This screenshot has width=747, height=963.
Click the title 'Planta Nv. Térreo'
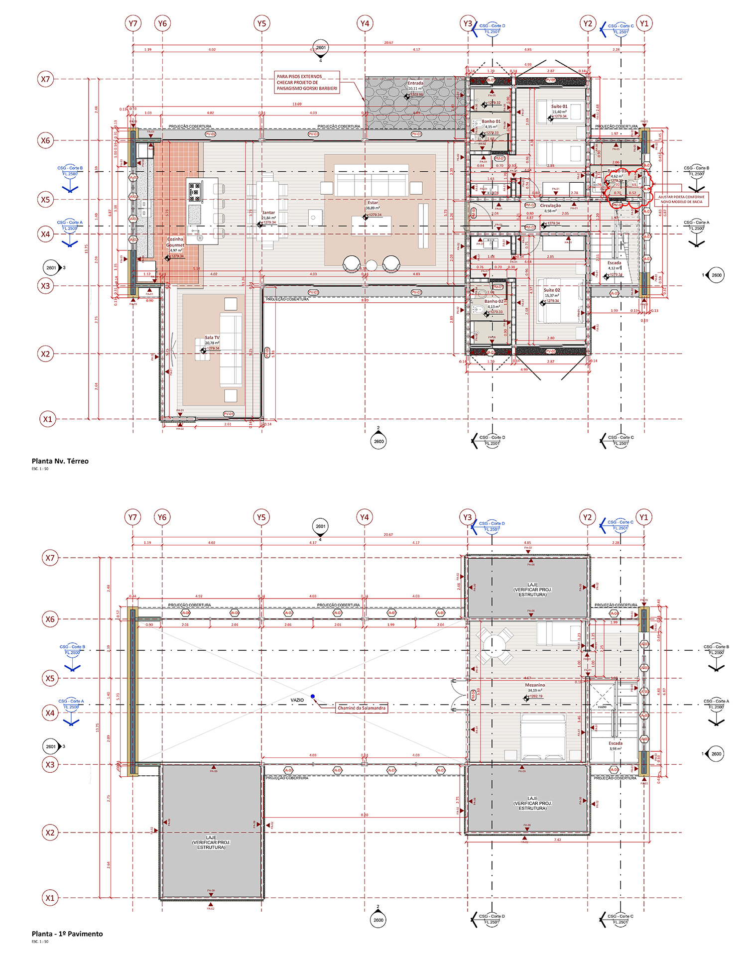[60, 461]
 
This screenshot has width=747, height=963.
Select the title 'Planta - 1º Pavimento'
[67, 934]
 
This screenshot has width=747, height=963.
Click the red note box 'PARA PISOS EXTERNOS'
[307, 82]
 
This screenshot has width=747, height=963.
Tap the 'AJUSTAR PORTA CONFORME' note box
[681, 199]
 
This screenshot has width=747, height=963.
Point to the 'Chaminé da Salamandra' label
[362, 708]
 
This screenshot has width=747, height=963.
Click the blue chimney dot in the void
[312, 696]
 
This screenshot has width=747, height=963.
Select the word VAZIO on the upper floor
[297, 700]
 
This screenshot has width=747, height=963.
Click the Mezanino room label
[535, 685]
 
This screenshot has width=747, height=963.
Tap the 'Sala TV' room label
[212, 338]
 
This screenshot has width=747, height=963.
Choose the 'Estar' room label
[373, 203]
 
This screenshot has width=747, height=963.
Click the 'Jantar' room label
[268, 213]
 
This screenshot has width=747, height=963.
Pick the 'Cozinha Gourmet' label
[175, 242]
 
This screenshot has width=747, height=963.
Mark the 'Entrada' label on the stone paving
[415, 83]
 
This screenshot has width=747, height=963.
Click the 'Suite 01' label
[559, 107]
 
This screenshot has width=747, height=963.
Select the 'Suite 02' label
[552, 290]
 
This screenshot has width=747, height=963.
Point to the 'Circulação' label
[550, 205]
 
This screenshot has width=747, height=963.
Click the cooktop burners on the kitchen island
[194, 191]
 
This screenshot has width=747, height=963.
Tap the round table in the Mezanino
[495, 645]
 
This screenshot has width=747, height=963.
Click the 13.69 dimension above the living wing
[297, 104]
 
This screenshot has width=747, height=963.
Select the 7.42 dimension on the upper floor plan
[557, 840]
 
